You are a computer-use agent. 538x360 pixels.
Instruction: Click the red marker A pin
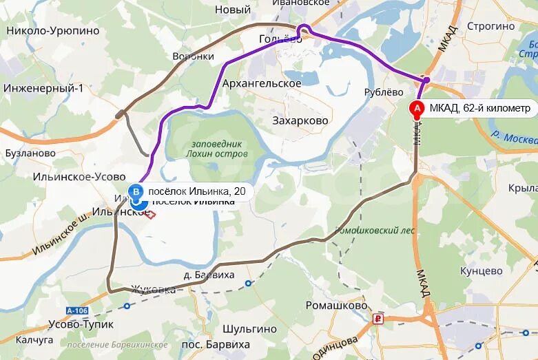tap(417, 109)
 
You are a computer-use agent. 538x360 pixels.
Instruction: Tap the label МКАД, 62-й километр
tap(480, 109)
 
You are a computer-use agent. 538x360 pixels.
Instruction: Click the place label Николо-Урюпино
tap(53, 31)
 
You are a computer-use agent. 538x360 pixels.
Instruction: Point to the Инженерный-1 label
tap(43, 88)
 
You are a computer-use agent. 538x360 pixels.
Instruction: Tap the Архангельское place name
tap(262, 83)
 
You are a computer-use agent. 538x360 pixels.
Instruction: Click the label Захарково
tap(300, 120)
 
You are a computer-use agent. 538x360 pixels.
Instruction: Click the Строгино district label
tap(491, 26)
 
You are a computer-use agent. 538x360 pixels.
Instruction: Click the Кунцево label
tap(482, 271)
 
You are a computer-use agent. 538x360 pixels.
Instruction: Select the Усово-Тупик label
tap(81, 324)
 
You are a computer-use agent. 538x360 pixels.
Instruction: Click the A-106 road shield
tap(79, 310)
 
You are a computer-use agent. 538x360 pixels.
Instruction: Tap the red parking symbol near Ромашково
tap(377, 319)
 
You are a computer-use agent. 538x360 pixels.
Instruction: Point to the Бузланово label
tap(30, 153)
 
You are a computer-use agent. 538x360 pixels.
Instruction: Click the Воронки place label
tap(194, 56)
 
